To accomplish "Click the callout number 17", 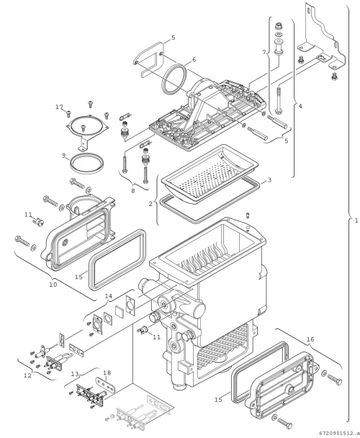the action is tap(59, 107).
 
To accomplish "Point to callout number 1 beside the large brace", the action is tap(356, 220).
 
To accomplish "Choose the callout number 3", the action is tap(269, 179).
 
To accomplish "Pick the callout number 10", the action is tap(53, 285).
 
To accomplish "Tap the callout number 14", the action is tap(109, 296).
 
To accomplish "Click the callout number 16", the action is tap(310, 339).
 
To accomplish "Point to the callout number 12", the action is tap(27, 375).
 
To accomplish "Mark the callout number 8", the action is tap(75, 374).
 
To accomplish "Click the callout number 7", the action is tap(264, 52).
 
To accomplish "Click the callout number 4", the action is tap(300, 106).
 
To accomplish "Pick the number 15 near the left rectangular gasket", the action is tap(78, 277).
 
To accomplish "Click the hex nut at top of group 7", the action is tap(279, 27).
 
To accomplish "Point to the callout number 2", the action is tap(150, 204).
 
